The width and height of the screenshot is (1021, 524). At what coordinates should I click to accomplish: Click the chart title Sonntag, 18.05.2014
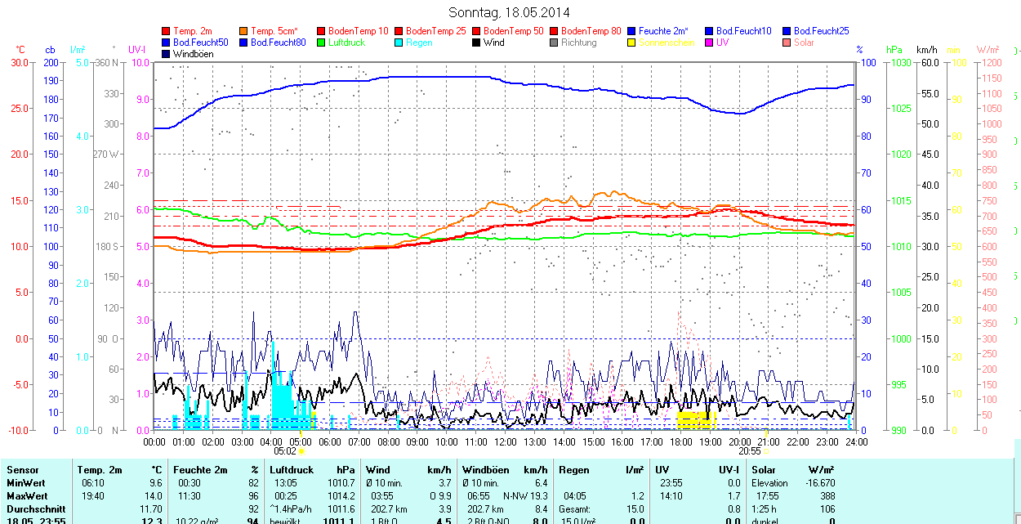[509, 12]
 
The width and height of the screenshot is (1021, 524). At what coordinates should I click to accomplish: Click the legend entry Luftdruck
[346, 43]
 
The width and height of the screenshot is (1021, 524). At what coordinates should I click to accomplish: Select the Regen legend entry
[419, 43]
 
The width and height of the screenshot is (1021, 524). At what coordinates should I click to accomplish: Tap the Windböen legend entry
[193, 54]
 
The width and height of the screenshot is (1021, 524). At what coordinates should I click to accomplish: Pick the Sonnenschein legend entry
[667, 43]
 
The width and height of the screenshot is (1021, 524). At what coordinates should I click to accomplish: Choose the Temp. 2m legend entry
[193, 31]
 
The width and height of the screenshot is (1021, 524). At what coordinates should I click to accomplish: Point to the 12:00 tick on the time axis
[506, 442]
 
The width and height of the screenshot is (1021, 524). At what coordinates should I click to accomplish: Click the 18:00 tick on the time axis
[680, 442]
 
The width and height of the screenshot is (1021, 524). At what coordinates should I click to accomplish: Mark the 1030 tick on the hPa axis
[899, 63]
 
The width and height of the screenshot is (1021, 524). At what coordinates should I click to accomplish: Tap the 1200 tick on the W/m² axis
[990, 63]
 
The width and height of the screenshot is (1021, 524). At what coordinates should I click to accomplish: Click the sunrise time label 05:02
[284, 450]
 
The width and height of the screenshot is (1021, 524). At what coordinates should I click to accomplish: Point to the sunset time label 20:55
[750, 450]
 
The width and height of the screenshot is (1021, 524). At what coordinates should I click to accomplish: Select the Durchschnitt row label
[33, 509]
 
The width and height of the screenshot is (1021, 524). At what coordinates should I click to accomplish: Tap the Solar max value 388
[827, 496]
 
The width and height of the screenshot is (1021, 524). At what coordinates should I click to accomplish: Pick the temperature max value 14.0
[154, 496]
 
